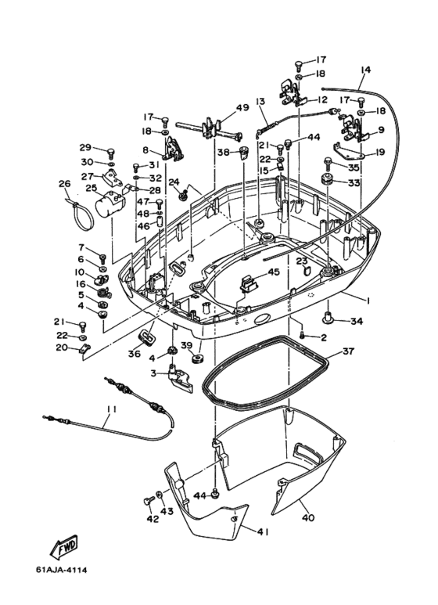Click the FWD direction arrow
click(x=64, y=547)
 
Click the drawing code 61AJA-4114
click(x=61, y=570)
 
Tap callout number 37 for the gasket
click(x=348, y=351)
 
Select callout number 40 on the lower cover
click(x=308, y=517)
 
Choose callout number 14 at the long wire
click(x=365, y=70)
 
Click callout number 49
click(x=242, y=108)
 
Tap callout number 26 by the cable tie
click(x=65, y=183)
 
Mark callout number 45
click(x=274, y=272)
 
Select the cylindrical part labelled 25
click(x=109, y=203)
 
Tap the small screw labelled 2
click(x=303, y=335)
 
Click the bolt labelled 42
click(x=148, y=501)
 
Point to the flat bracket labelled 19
click(x=350, y=151)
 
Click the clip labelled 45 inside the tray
click(x=250, y=284)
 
